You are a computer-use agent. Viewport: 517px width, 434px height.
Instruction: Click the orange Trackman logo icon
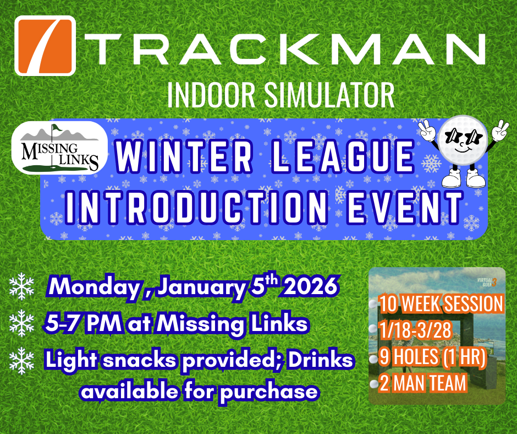(45, 46)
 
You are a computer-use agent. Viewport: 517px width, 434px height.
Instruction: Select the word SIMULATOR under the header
(329, 95)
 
